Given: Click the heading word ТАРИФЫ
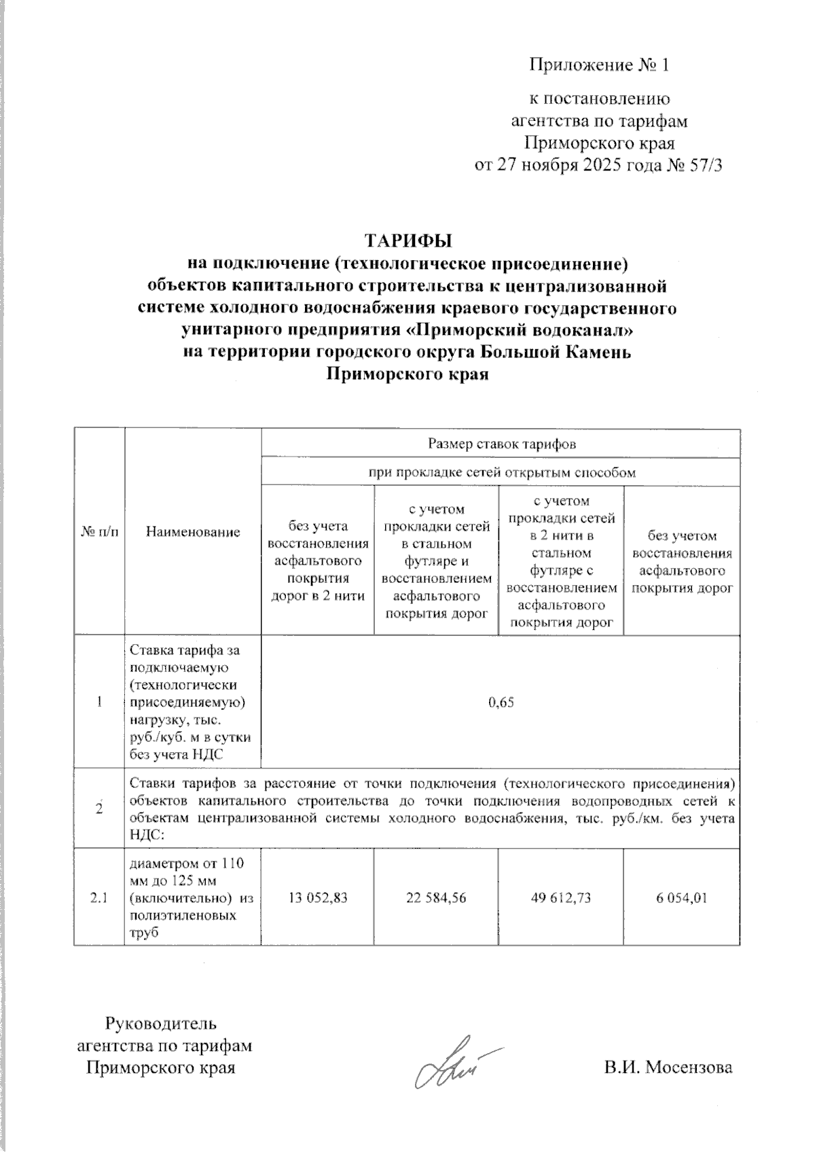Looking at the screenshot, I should (x=408, y=242).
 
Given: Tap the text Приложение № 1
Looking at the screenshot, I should (x=599, y=65).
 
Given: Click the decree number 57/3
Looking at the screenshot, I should (x=704, y=166).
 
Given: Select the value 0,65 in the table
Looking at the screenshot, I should (x=501, y=703).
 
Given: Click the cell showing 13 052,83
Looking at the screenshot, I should (x=318, y=898).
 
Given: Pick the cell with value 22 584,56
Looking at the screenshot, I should (x=436, y=898).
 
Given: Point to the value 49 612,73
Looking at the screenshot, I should (x=561, y=898).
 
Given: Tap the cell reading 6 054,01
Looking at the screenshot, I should (x=682, y=898).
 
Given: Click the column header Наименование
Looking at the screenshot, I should (x=193, y=532).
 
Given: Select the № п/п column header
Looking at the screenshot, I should (x=99, y=532).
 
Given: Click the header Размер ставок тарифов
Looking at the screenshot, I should (x=501, y=444).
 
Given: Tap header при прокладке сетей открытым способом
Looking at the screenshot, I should (x=501, y=473).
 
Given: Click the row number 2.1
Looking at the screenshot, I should (x=99, y=898).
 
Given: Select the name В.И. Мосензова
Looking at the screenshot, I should (x=668, y=1067).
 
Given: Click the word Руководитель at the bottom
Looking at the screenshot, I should (x=160, y=1023).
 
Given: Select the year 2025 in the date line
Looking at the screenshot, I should (x=604, y=166).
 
